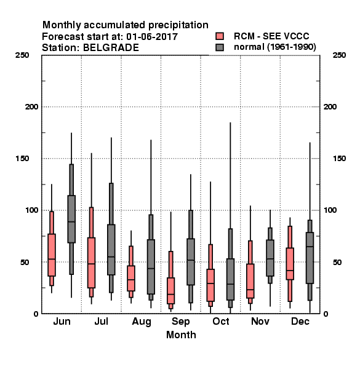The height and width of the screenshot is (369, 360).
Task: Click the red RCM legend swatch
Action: pyautogui.click(x=220, y=36)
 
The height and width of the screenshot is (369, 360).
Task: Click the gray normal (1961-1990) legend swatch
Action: pyautogui.click(x=220, y=47)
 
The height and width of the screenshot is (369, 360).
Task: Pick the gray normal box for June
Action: pyautogui.click(x=71, y=219)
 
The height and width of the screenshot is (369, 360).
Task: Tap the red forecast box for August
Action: pyautogui.click(x=131, y=279)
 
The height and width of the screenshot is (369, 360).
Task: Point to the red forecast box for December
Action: pyautogui.click(x=290, y=264)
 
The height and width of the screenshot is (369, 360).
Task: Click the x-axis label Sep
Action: pyautogui.click(x=180, y=322)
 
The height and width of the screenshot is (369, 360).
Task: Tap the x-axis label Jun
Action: pyautogui.click(x=62, y=322)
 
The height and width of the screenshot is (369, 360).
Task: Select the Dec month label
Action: pyautogui.click(x=300, y=322)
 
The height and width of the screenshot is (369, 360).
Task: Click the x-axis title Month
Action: pyautogui.click(x=181, y=335)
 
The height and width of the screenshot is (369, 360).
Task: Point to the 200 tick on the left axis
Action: pyautogui.click(x=31, y=107)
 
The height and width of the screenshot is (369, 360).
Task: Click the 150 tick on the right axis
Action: pyautogui.click(x=339, y=159)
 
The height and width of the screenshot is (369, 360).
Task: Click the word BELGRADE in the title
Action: pyautogui.click(x=111, y=48)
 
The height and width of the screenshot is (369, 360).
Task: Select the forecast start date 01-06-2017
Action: pyautogui.click(x=152, y=37)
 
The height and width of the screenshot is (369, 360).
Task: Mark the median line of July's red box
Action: pyautogui.click(x=91, y=264)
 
